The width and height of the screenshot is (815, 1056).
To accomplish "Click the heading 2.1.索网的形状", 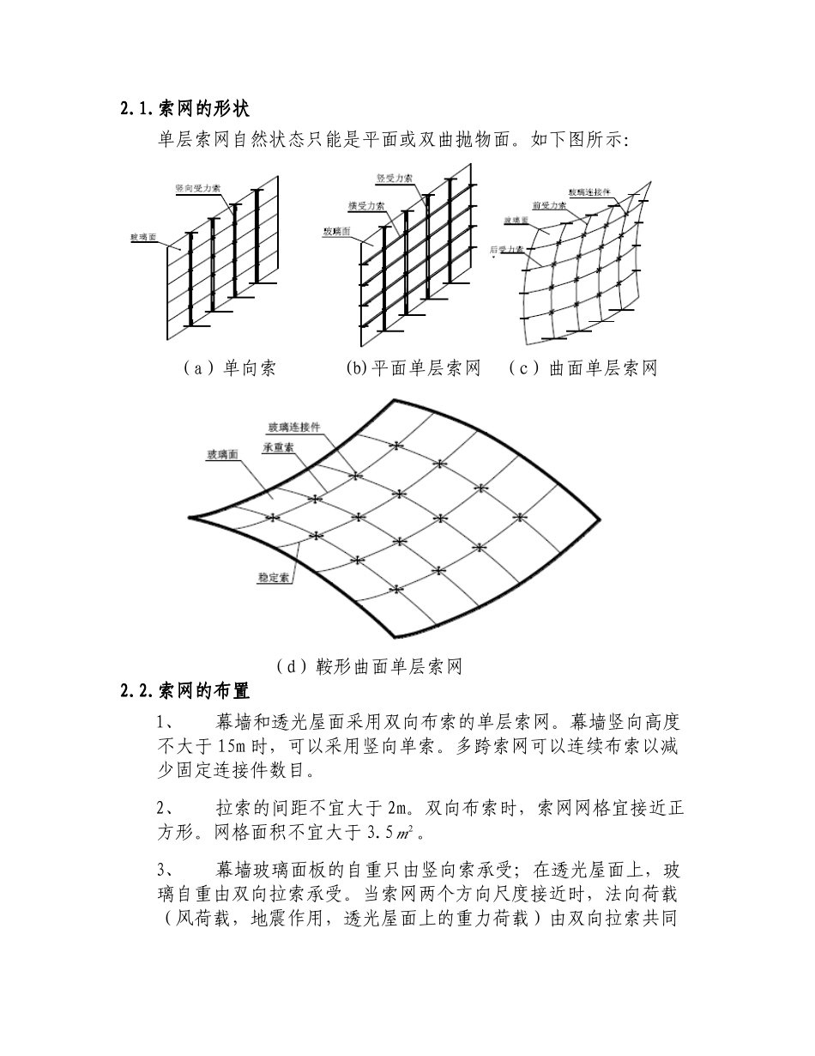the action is click(x=184, y=108).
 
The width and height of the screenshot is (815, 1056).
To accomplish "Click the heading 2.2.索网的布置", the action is click(x=184, y=689).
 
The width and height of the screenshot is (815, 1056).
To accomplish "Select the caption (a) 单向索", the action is click(x=229, y=368).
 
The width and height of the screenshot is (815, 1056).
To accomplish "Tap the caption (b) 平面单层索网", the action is click(x=413, y=368).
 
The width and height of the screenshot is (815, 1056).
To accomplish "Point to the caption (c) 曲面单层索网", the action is click(x=583, y=368).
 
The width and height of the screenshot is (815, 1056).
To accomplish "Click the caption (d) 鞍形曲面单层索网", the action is click(x=369, y=665).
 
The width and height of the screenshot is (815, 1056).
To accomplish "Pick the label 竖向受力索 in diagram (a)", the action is click(x=196, y=187).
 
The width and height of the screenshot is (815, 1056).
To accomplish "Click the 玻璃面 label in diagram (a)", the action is click(x=142, y=237).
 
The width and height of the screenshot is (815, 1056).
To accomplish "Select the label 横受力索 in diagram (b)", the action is click(x=366, y=207).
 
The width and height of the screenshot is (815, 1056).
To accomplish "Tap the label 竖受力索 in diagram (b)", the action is click(x=395, y=178).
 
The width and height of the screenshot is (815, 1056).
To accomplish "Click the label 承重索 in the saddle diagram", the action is click(x=280, y=447).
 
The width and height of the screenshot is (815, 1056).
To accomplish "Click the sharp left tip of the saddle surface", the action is click(x=190, y=518).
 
